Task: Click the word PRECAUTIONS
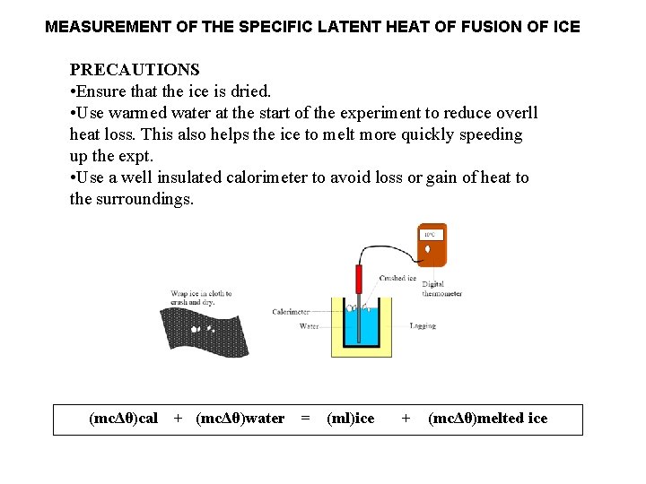(135, 70)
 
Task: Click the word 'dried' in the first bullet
(249, 91)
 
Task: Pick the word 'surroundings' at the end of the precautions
(144, 199)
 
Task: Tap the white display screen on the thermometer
(432, 235)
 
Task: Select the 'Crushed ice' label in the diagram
(397, 278)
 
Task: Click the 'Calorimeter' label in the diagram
(291, 312)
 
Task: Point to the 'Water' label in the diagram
(309, 326)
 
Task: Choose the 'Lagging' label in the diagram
(423, 325)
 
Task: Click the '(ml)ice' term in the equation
(351, 419)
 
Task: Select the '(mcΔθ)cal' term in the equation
(124, 419)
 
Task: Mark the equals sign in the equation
(306, 419)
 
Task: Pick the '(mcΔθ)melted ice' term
(488, 419)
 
